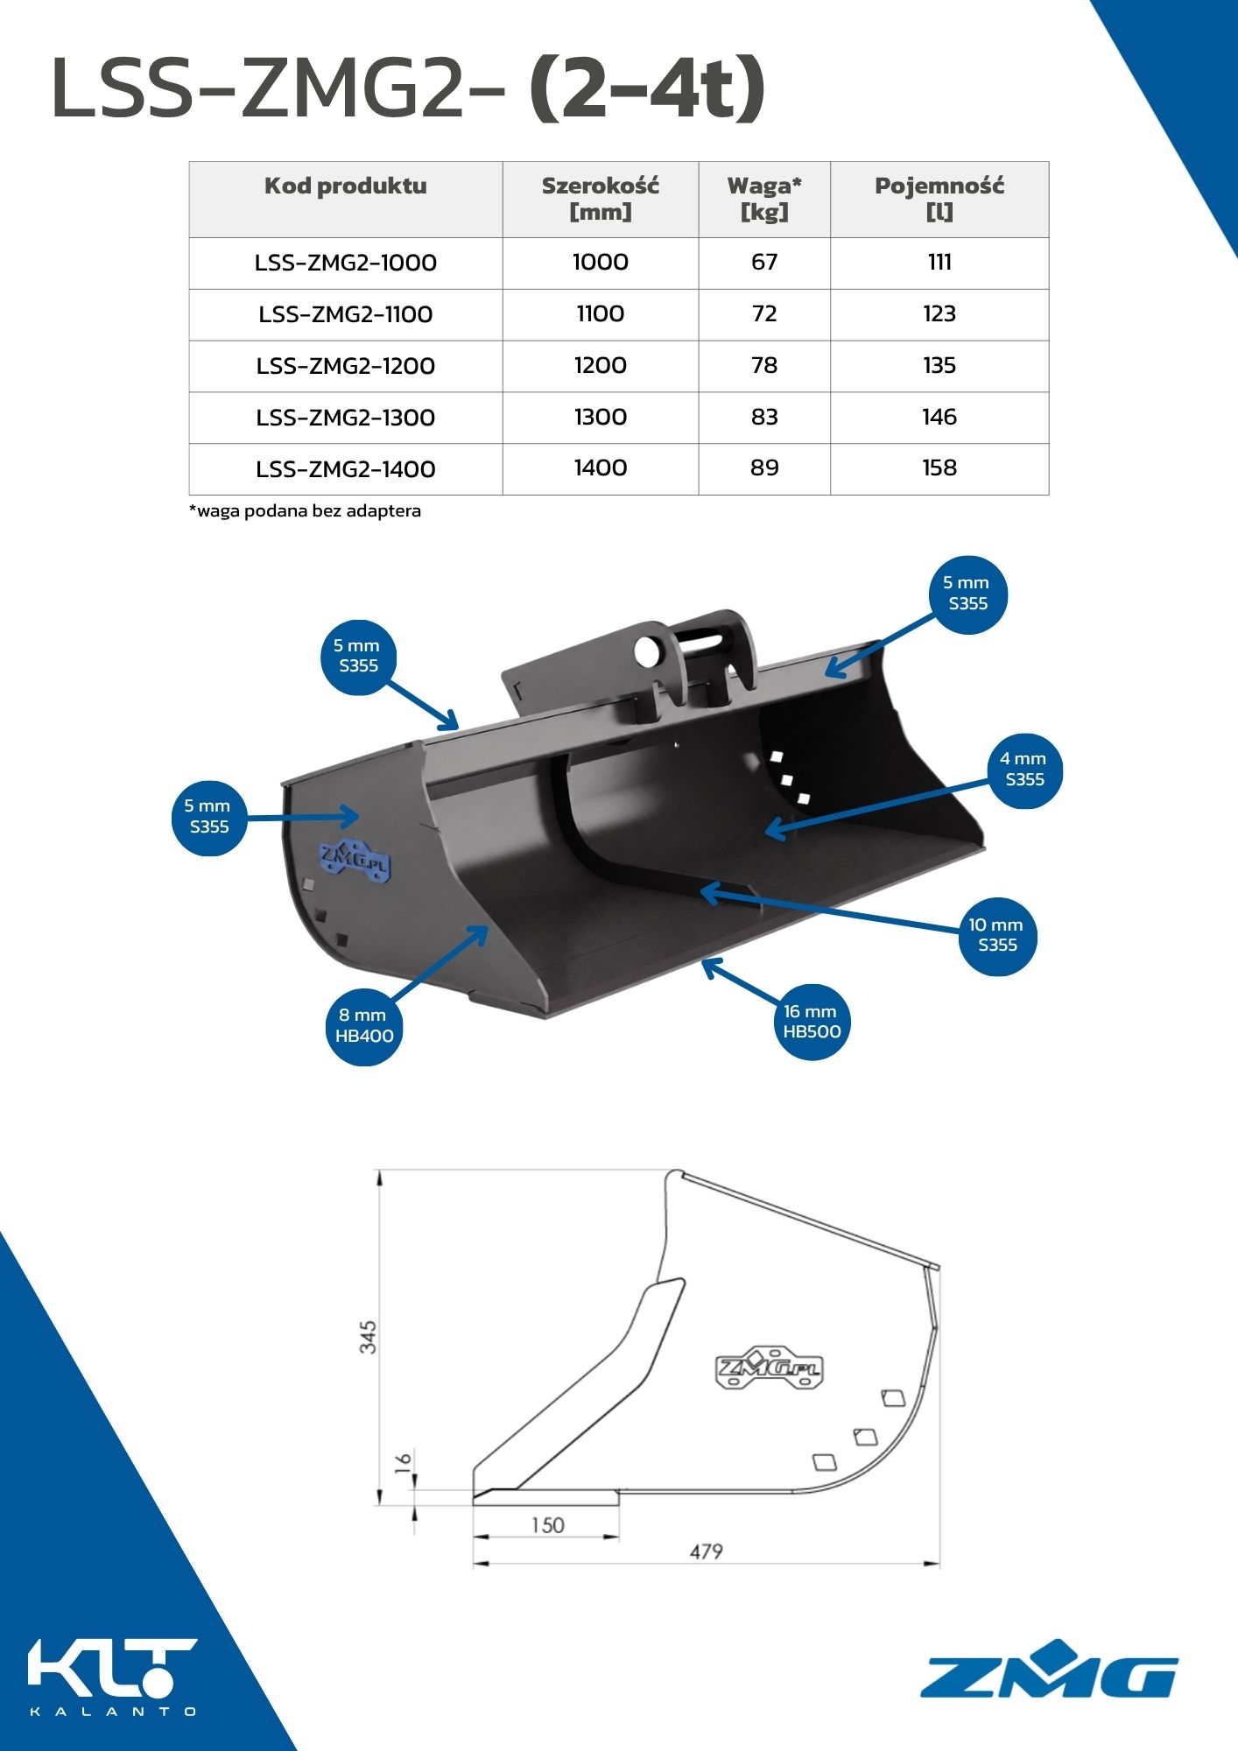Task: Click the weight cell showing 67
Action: point(764,263)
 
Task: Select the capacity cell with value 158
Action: point(939,468)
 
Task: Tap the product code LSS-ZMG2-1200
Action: point(346,366)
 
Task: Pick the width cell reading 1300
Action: point(601,418)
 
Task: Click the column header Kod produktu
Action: point(346,186)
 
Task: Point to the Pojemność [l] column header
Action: point(939,199)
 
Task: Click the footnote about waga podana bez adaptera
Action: point(305,510)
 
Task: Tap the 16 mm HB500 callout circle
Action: point(812,1022)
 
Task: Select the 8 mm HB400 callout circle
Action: point(364,1026)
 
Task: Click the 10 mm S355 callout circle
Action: point(997,935)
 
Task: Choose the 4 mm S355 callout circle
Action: point(1023,770)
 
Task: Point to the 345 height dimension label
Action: point(369,1337)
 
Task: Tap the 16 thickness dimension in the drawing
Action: point(403,1463)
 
